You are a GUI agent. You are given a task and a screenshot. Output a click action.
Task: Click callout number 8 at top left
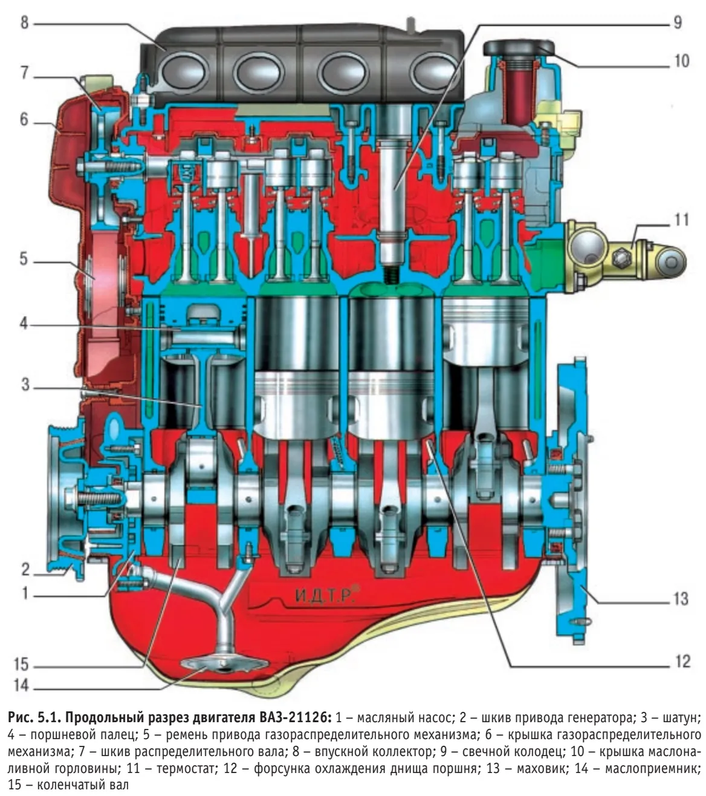point(22,25)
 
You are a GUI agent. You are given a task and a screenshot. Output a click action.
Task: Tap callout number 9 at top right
point(676,24)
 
